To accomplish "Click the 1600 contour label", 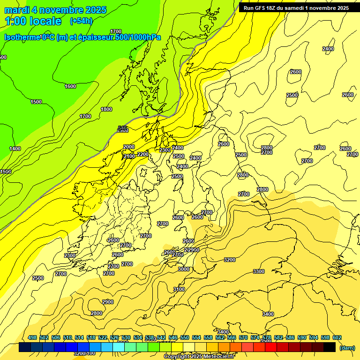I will point(70,86).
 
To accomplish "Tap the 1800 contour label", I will point(106,109).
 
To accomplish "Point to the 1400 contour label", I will point(15,149).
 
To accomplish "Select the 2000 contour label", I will point(129,147).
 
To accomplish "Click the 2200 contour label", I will point(143,154).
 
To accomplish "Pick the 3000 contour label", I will point(184,269).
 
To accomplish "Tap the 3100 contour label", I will point(179,289).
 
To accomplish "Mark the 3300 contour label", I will point(258,271).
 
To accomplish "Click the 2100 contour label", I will point(129,156).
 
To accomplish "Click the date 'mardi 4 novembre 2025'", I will point(55,10).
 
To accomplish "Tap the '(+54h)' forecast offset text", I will point(81,21).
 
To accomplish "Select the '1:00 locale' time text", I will point(33,21).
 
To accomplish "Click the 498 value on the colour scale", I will point(32,337).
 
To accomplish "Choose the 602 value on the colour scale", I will point(337,337).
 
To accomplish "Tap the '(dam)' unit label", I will point(347,348).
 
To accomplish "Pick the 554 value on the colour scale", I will point(196,337).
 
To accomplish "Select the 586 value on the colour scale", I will point(290,337).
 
